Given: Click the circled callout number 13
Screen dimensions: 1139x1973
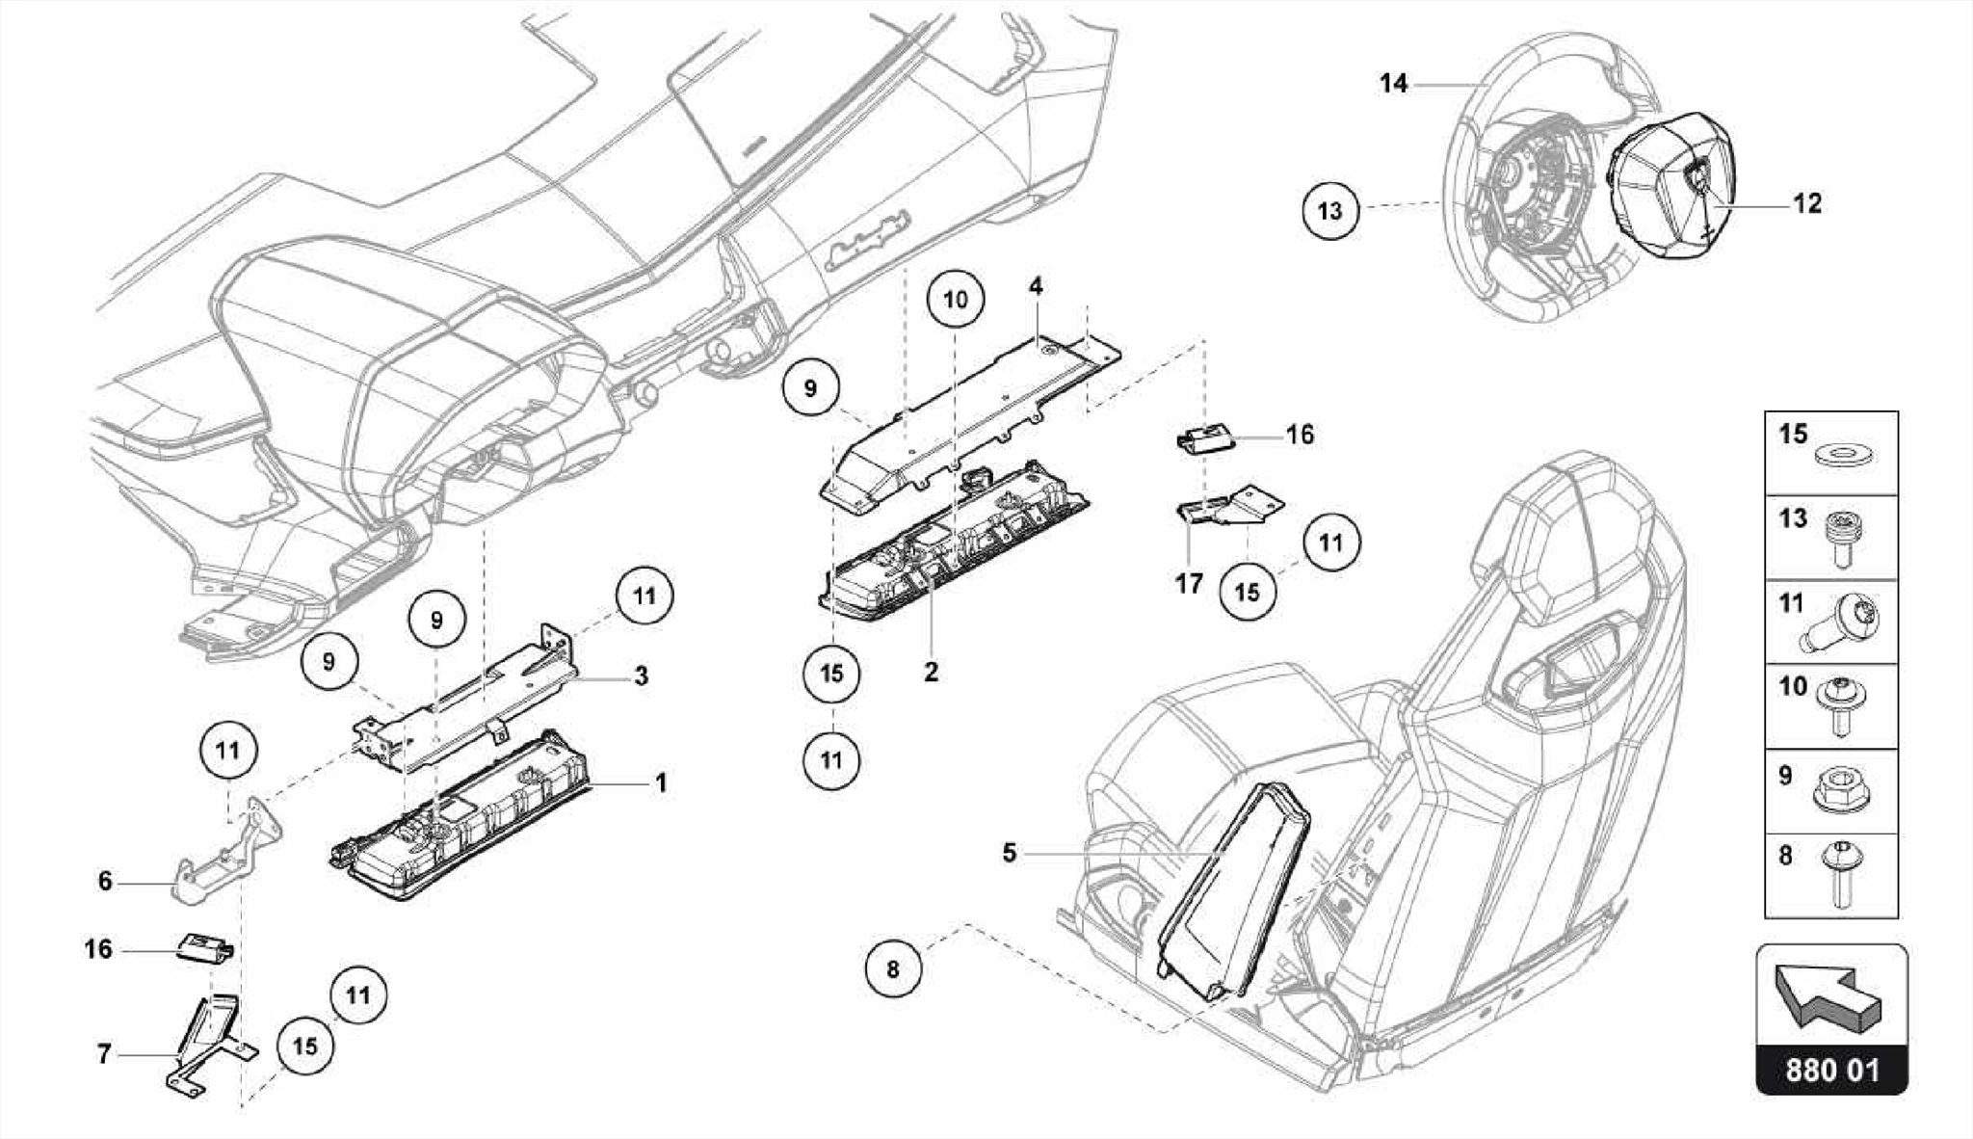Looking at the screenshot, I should (x=1329, y=210).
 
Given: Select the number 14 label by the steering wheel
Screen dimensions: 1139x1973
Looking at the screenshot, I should (x=1393, y=84).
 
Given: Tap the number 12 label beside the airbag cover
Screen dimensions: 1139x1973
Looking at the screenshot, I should (x=1807, y=204).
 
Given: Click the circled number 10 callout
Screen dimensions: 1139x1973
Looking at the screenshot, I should (x=955, y=300).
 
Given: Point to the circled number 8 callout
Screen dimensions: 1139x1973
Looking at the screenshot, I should (x=893, y=968).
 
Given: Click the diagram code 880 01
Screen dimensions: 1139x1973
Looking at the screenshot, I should (x=1831, y=1071).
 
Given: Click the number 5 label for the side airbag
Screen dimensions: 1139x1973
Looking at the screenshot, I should (x=1009, y=853).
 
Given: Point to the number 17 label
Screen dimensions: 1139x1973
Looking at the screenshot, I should (x=1189, y=584).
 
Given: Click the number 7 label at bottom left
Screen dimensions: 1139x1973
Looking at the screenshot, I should (x=104, y=1055).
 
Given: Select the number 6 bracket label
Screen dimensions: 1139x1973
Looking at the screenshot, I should (x=105, y=881).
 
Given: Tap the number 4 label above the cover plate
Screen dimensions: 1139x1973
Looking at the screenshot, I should (x=1036, y=286).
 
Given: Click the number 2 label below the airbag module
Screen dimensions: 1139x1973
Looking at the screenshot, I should (x=931, y=672).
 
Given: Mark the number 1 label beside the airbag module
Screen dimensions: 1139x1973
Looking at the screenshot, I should (x=661, y=783).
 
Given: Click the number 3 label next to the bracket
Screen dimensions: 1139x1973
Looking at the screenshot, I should (x=641, y=676).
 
